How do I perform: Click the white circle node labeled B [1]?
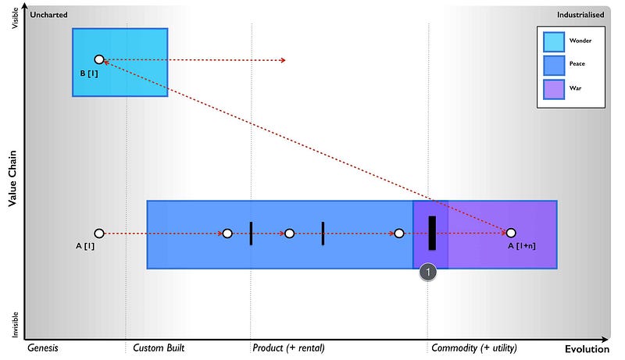point(99,59)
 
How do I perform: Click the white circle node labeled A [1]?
point(99,233)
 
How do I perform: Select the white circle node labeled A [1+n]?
point(511,233)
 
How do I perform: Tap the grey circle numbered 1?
point(427,273)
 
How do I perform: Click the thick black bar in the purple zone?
point(432,233)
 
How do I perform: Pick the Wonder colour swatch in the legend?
point(554,41)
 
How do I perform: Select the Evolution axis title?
point(587,349)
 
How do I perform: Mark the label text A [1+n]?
point(522,247)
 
